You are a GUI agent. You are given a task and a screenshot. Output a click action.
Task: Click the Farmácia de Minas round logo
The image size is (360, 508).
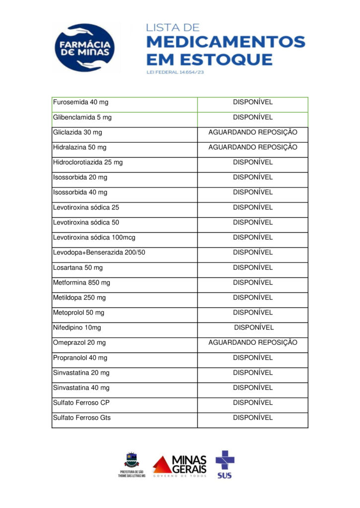point(85,48)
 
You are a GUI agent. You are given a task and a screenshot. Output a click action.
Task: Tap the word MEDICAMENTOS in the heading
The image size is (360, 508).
point(225,41)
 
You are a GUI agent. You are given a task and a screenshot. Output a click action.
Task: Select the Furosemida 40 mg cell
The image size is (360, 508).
point(80,102)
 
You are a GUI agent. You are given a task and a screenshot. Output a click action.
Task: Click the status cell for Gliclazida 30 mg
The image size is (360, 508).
point(252,132)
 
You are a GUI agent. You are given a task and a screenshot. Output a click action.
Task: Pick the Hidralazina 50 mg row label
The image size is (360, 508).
point(79,147)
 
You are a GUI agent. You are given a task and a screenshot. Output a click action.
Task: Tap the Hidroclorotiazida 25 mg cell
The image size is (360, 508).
point(87,162)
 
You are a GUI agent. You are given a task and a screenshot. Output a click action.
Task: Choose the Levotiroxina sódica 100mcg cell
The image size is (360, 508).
point(94,238)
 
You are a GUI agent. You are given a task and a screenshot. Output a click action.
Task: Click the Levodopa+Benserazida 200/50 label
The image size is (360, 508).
point(99,253)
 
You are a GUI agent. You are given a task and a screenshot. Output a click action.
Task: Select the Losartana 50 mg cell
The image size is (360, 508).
point(78,267)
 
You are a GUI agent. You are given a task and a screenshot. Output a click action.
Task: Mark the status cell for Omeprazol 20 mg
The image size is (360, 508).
point(252,342)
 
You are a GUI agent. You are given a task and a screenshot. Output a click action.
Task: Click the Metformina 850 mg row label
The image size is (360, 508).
point(81,282)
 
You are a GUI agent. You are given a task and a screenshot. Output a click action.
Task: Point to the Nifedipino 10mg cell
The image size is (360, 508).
point(77,327)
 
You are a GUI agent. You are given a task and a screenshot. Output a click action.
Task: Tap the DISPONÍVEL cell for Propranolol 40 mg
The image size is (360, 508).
point(252,358)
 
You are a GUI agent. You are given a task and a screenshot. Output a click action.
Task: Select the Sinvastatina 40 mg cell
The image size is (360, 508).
point(81,387)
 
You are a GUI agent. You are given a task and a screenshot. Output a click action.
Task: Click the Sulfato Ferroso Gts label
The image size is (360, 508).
point(81,418)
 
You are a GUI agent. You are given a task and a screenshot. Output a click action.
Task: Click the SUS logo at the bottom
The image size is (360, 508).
point(224,464)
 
